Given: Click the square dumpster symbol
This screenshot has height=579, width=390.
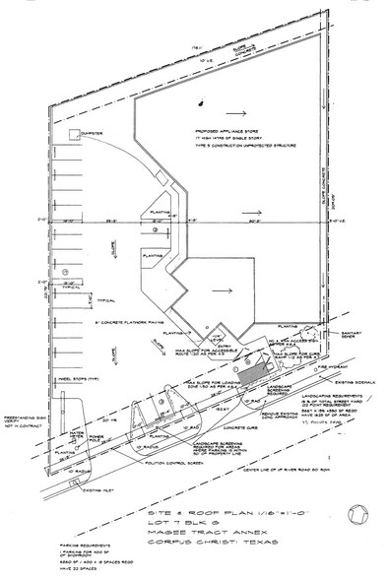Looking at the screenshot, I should click(x=72, y=135).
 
